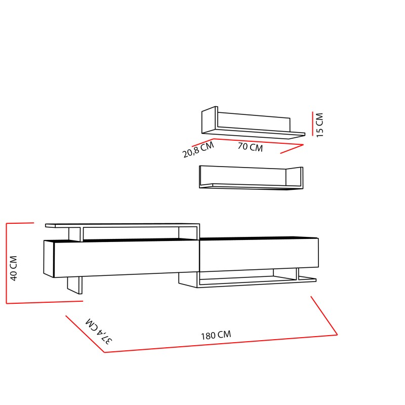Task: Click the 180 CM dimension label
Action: click(216, 335)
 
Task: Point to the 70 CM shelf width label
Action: click(250, 147)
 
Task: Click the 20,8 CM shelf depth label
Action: click(198, 150)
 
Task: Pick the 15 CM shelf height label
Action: click(319, 125)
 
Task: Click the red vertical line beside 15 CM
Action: click(313, 125)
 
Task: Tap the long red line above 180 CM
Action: click(221, 344)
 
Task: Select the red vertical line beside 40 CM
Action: click(6, 263)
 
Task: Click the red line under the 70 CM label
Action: click(258, 142)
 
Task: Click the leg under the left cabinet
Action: click(74, 285)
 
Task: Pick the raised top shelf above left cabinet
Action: click(121, 225)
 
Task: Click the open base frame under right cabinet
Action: click(248, 279)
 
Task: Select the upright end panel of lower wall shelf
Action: click(294, 177)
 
